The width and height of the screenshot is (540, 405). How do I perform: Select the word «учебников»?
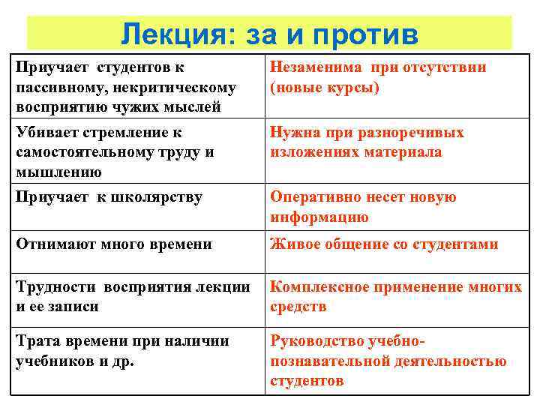52,361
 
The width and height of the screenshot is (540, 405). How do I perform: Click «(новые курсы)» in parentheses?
325,88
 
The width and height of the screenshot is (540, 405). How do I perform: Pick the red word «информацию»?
319,217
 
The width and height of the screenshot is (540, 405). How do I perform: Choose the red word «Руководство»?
318,341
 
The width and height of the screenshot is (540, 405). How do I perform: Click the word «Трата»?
37,341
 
